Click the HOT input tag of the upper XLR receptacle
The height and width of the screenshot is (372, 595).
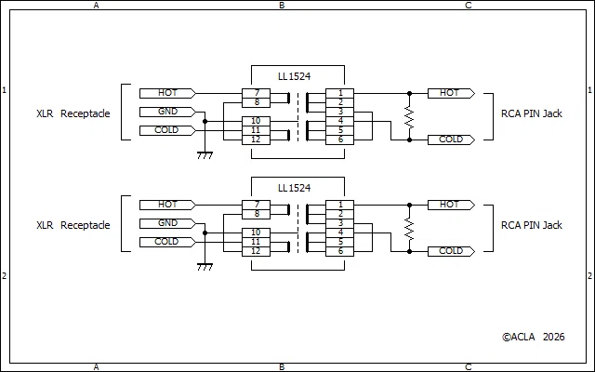[167, 93]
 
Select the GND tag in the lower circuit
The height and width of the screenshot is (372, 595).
[167, 223]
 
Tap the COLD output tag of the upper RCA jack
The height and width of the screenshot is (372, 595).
[451, 139]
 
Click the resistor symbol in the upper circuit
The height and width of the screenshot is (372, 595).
[409, 117]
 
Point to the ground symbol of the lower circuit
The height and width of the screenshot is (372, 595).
[205, 267]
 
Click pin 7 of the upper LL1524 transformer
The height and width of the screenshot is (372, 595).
[257, 93]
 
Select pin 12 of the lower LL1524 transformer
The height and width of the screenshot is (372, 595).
[257, 251]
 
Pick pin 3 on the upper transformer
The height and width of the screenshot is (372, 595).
[339, 112]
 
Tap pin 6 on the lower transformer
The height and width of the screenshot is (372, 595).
[339, 251]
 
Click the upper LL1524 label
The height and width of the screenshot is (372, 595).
[294, 76]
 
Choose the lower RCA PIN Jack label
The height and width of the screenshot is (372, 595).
[531, 225]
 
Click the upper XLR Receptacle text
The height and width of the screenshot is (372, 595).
[73, 113]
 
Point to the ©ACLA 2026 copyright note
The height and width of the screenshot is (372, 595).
[533, 337]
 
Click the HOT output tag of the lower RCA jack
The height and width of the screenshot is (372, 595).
[451, 205]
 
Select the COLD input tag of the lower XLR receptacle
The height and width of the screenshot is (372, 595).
[167, 242]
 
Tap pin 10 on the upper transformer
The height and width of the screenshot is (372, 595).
[257, 121]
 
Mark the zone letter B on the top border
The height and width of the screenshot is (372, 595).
[282, 6]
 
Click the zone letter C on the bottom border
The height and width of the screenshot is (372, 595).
[468, 367]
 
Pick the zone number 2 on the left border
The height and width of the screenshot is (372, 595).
[4, 276]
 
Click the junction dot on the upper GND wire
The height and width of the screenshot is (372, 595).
[205, 122]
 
